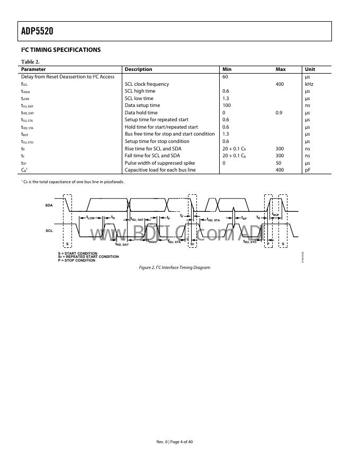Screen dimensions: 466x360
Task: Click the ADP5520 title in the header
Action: tap(38, 31)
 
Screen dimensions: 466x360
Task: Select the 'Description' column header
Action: tap(138, 69)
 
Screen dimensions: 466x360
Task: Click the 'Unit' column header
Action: tap(310, 69)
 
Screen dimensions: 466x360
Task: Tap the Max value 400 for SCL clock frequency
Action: tap(280, 84)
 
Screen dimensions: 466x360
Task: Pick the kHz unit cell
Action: tap(309, 84)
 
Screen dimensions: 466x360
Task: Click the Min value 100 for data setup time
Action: tap(227, 105)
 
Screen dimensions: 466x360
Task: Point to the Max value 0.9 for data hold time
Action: tap(280, 113)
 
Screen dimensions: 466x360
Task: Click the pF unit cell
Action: tap(308, 170)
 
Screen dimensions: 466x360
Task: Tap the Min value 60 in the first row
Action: tap(225, 77)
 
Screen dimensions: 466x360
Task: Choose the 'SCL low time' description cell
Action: tap(139, 98)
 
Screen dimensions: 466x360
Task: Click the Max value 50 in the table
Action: tap(278, 163)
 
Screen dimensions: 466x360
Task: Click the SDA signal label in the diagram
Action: tap(49, 205)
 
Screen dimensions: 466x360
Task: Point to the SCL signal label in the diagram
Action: tap(49, 231)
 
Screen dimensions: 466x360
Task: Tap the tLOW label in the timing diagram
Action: tap(91, 218)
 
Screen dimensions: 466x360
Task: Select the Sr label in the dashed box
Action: tap(192, 244)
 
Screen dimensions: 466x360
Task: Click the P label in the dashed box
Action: tap(268, 244)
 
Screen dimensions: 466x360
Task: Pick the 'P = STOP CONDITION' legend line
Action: tap(77, 261)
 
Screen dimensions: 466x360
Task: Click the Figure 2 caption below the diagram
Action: tap(175, 268)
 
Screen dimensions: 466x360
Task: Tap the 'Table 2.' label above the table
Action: tap(30, 62)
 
